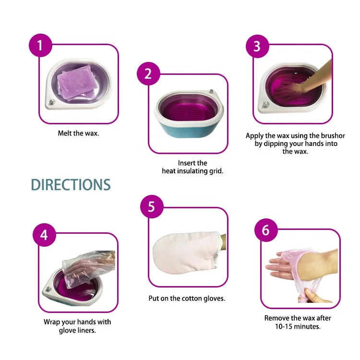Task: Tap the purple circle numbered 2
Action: (148, 73)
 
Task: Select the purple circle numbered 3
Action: (257, 47)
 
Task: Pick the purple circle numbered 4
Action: (44, 236)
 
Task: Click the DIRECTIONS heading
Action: (71, 185)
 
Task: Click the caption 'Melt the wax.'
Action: (78, 133)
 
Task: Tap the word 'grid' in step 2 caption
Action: (215, 171)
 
